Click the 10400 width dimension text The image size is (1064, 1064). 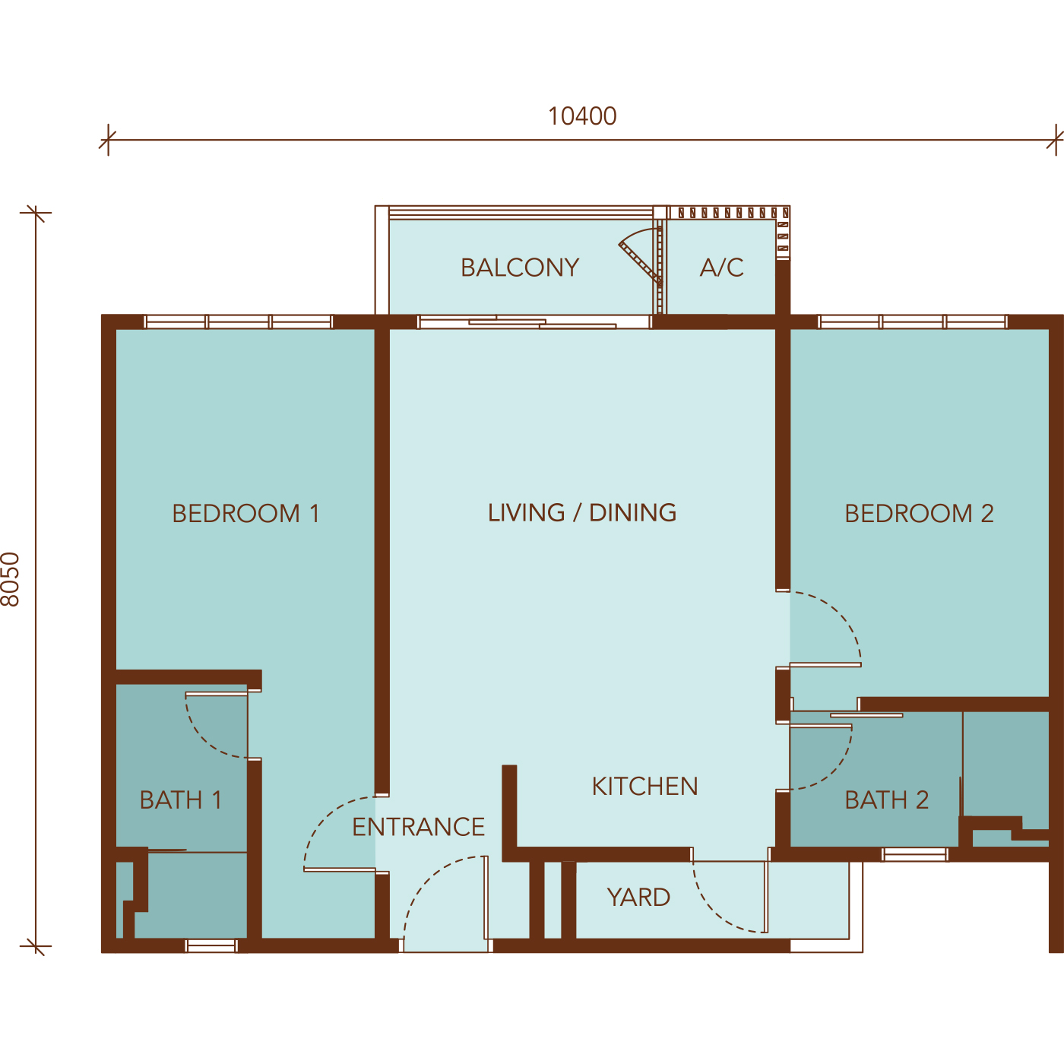[x=582, y=116]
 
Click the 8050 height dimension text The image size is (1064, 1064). [x=11, y=579]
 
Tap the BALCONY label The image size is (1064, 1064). [x=520, y=268]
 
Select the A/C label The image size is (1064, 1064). [x=721, y=268]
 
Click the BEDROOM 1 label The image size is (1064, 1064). [x=245, y=514]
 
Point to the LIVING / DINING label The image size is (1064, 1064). [x=582, y=513]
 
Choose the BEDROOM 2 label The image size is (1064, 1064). [x=919, y=514]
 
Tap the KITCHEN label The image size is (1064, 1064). [x=644, y=787]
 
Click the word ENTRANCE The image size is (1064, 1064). [x=418, y=827]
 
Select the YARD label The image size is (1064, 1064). [x=638, y=898]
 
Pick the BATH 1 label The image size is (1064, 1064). [x=181, y=800]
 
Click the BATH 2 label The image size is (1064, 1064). [x=887, y=800]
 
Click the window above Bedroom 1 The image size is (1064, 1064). [x=239, y=322]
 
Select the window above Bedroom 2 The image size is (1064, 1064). [x=912, y=322]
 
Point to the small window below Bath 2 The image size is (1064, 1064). [x=915, y=855]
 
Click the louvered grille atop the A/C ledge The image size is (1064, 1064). [x=730, y=213]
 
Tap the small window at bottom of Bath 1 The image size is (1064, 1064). [x=211, y=946]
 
